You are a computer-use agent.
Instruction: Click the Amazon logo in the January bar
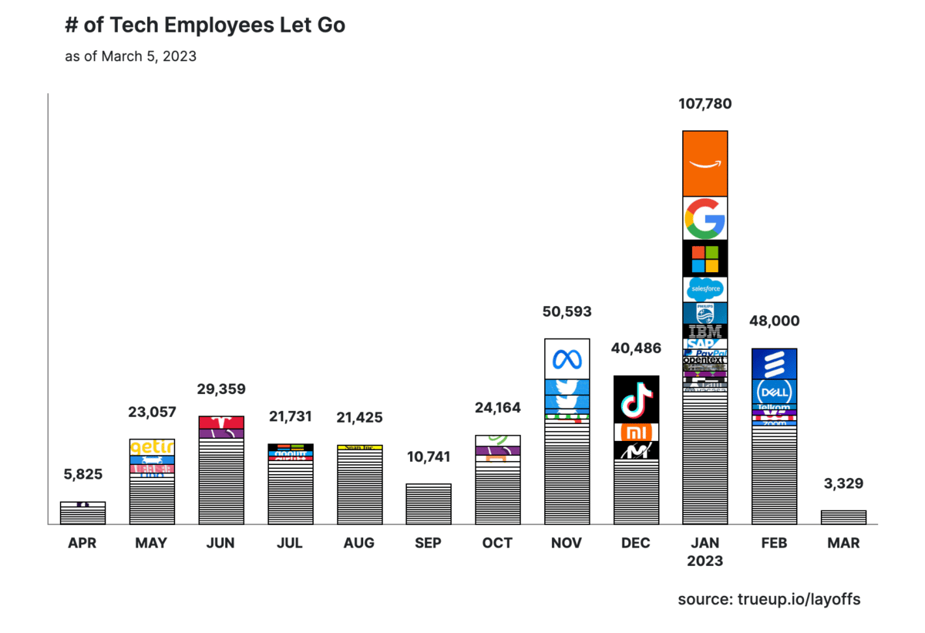coord(705,163)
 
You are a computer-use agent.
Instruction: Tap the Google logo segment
coord(705,218)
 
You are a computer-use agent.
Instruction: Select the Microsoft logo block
coord(705,258)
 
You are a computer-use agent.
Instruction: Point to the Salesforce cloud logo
coord(705,289)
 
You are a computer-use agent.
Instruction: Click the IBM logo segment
coord(705,332)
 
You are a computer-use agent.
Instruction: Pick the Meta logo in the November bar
coord(567,359)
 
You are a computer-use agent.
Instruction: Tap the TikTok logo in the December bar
coord(636,399)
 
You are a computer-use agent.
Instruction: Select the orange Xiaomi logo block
coord(636,432)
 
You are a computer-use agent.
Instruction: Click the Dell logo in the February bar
coord(774,392)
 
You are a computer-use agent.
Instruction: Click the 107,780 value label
coord(705,103)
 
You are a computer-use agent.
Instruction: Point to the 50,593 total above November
coord(567,311)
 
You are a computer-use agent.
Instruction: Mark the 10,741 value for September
coord(428,456)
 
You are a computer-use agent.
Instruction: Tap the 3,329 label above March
coord(843,483)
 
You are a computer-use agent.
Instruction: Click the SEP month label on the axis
coord(428,543)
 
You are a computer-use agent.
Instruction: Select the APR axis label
coord(82,543)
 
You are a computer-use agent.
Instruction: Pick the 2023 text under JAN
coord(705,561)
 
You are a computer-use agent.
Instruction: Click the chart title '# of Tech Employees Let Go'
coord(205,25)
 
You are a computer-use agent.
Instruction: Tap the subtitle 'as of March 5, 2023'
coord(130,56)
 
